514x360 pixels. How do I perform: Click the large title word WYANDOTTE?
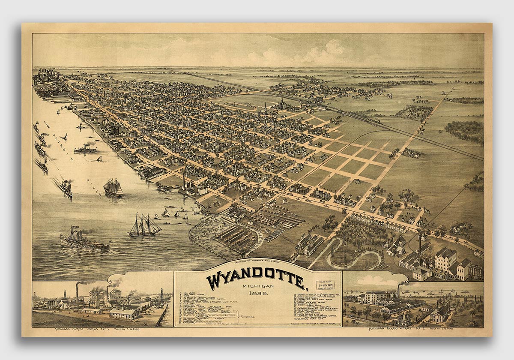pos(257,279)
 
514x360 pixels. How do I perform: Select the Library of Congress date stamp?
pos(324,285)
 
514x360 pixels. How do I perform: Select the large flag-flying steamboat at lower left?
pos(84,241)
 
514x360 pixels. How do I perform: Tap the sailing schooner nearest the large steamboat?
pos(144,226)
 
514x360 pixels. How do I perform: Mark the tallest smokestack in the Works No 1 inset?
pos(77,294)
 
